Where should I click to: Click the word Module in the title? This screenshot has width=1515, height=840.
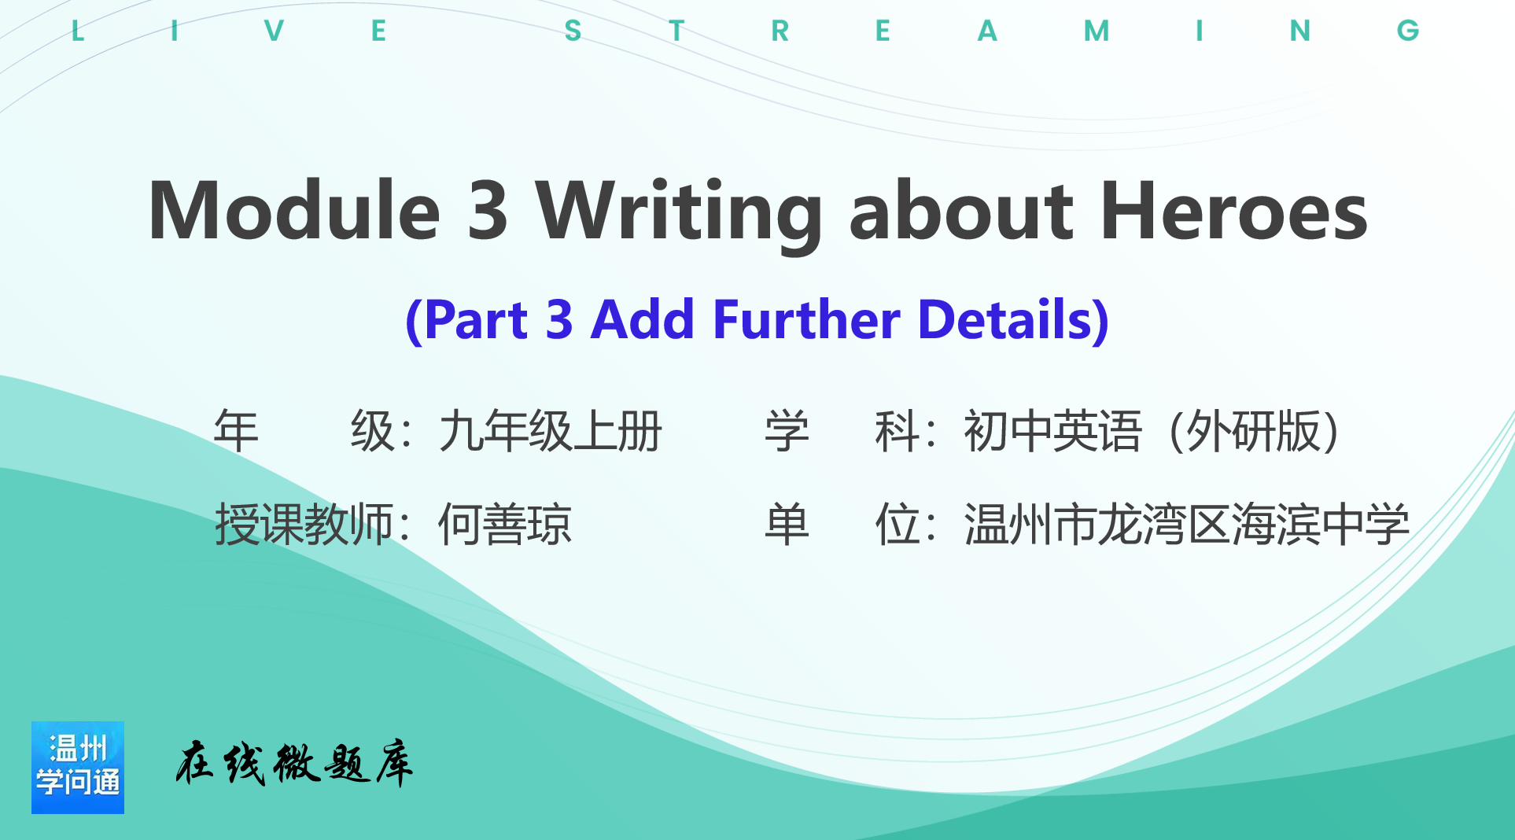pyautogui.click(x=294, y=210)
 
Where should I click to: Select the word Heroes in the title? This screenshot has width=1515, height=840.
pyautogui.click(x=1235, y=210)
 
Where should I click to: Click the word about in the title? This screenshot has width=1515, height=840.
pyautogui.click(x=961, y=210)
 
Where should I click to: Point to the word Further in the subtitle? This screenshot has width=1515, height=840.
pyautogui.click(x=806, y=319)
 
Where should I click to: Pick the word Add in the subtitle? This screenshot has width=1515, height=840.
pyautogui.click(x=643, y=319)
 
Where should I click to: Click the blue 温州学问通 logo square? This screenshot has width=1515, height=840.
pyautogui.click(x=78, y=768)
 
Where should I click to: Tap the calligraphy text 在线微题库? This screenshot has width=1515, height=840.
pyautogui.click(x=294, y=763)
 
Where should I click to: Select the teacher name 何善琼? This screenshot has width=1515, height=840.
pyautogui.click(x=505, y=525)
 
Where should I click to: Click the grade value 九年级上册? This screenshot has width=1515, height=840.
pyautogui.click(x=551, y=431)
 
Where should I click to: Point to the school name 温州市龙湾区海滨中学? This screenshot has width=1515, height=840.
pyautogui.click(x=1187, y=525)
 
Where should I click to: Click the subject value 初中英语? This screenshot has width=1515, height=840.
pyautogui.click(x=1052, y=431)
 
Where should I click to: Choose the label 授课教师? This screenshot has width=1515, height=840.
pyautogui.click(x=304, y=525)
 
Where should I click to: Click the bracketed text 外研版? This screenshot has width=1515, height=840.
pyautogui.click(x=1255, y=431)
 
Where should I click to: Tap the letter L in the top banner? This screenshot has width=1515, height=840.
pyautogui.click(x=77, y=31)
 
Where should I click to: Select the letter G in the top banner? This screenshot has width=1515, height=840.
pyautogui.click(x=1408, y=31)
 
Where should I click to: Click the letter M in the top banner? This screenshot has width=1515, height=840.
pyautogui.click(x=1097, y=31)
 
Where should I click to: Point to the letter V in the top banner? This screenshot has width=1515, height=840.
pyautogui.click(x=274, y=31)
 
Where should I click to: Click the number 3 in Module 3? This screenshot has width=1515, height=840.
pyautogui.click(x=488, y=210)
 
